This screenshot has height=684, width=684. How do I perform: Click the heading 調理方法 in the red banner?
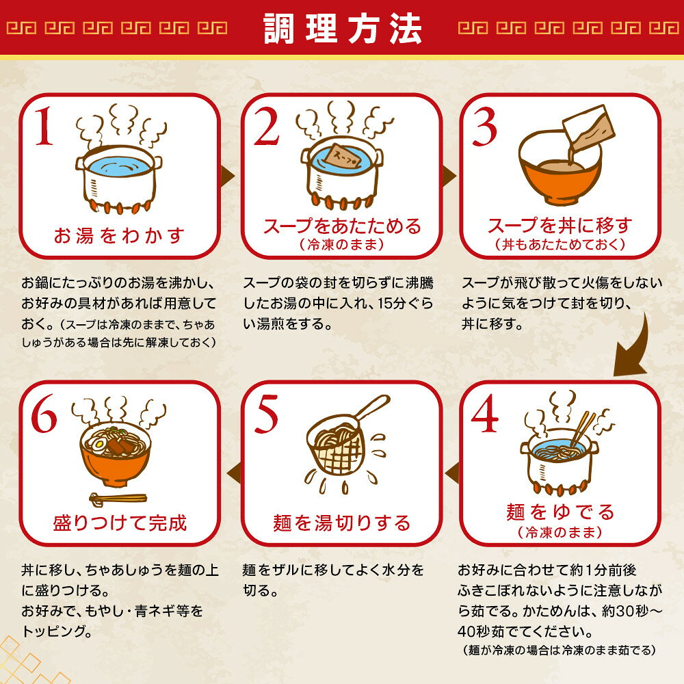pos(343,29)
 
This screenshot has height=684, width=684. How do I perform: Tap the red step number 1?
pos(44,127)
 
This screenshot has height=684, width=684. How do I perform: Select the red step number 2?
pos(265,127)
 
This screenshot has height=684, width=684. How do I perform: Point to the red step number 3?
pos(485,127)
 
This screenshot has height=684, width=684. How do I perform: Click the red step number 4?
pos(485,413)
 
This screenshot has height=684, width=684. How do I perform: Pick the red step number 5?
pos(267,414)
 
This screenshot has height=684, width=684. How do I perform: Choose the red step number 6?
pos(44,414)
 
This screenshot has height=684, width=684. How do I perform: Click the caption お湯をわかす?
pos(119,235)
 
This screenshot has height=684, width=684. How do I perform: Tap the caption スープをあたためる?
pos(342,226)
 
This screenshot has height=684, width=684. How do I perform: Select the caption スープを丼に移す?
pos(560,226)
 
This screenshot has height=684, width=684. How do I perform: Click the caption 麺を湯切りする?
pos(342,523)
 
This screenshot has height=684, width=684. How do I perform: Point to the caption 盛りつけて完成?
pos(120,523)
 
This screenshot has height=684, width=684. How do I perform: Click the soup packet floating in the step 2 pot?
pos(343,156)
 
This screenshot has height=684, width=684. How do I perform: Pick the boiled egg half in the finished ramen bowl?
pos(97,445)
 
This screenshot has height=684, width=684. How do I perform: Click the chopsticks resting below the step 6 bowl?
pos(118,499)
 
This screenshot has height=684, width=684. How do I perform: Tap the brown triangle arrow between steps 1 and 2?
pos(227,176)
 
